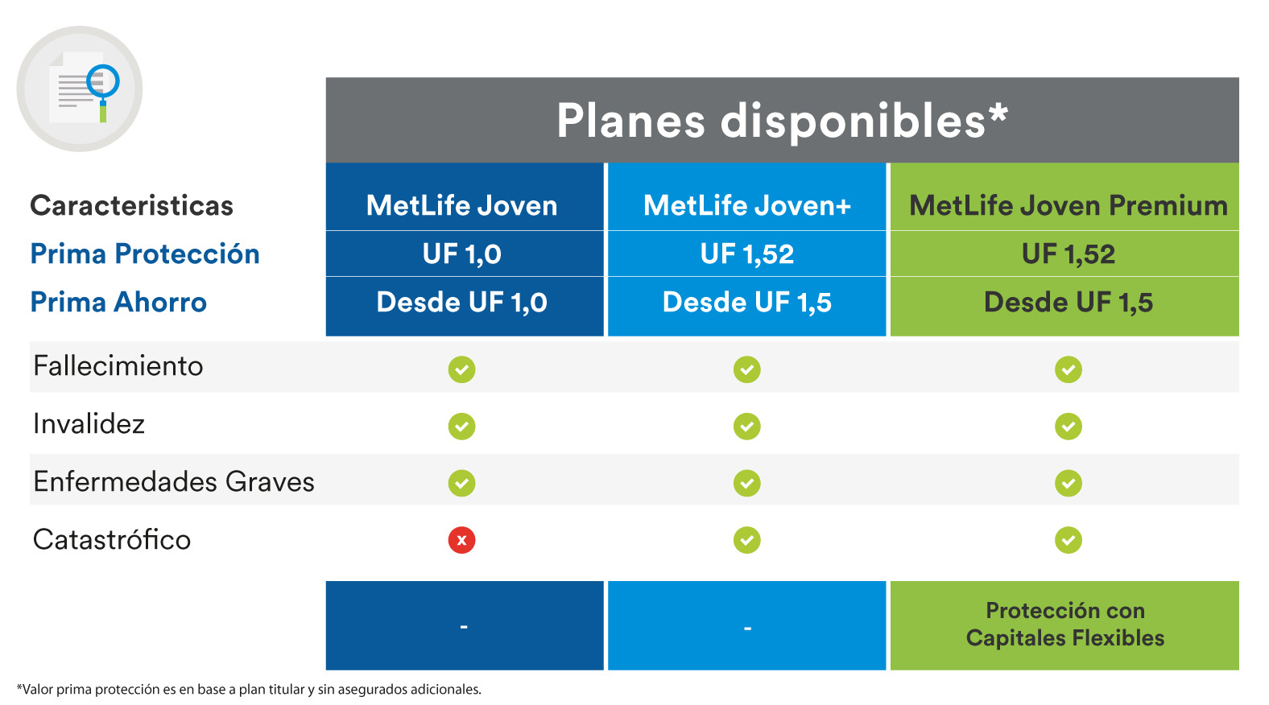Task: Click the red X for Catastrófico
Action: point(461,540)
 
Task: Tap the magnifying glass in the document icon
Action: point(104,82)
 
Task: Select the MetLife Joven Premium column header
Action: point(1068,206)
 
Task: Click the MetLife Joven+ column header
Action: point(746,206)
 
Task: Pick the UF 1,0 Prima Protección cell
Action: point(462,254)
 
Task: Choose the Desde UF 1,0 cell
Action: point(462,303)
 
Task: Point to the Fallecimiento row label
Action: point(118,366)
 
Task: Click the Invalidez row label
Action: point(89,424)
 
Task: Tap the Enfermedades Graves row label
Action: point(174,482)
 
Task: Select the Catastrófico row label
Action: point(112,540)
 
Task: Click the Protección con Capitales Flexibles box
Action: point(1064,625)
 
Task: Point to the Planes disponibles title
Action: point(771,122)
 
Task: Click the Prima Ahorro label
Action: point(118,303)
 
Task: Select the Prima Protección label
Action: point(145,254)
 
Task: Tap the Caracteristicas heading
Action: point(131,206)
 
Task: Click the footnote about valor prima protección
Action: point(249,690)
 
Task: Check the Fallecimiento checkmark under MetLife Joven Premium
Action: point(1069,369)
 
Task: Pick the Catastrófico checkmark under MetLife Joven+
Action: point(746,540)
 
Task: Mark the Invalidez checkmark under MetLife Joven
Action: point(461,426)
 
